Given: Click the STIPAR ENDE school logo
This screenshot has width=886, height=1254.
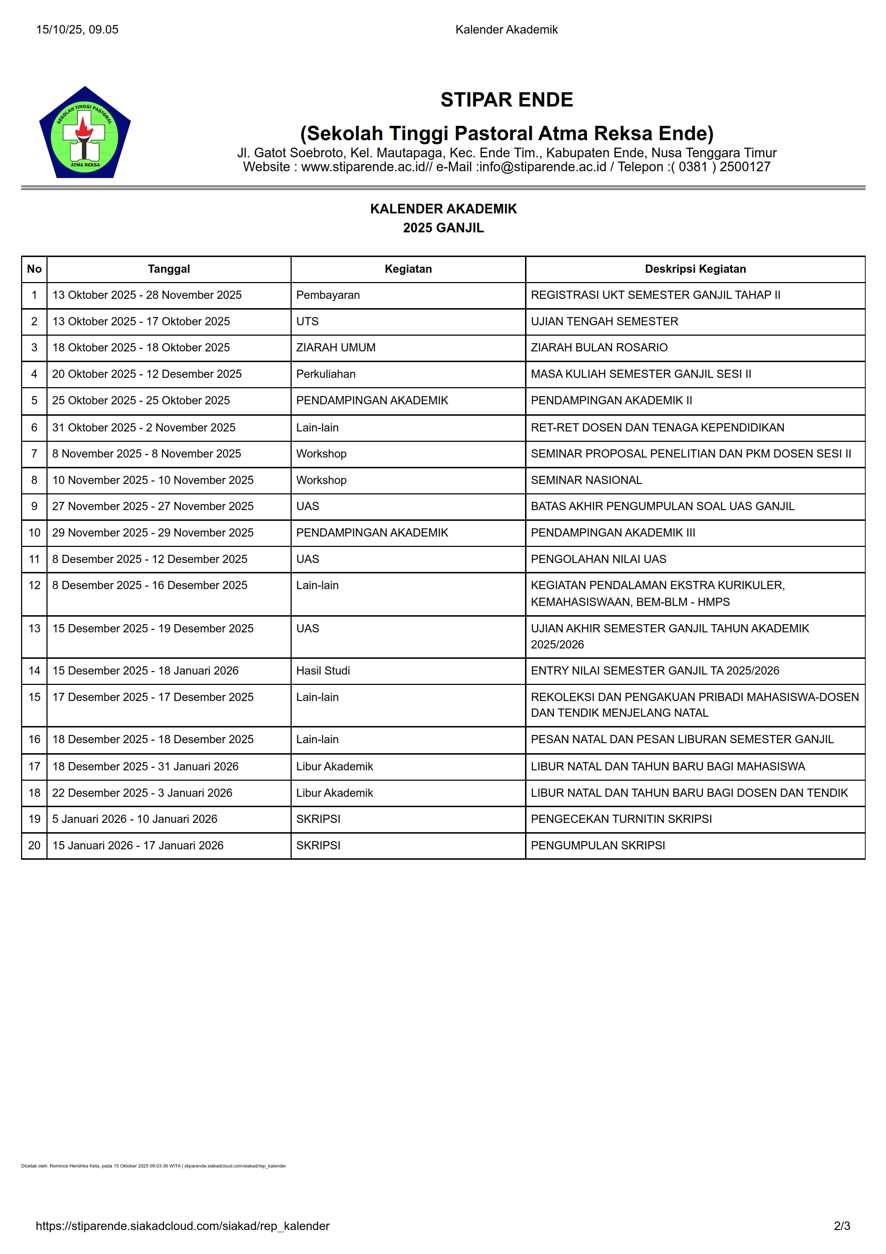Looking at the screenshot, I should tap(85, 133).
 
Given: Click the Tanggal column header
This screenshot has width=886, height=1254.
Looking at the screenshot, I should tap(169, 269).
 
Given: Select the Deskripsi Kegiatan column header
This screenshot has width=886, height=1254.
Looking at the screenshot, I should tap(695, 269).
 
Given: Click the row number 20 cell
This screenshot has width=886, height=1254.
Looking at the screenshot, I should tap(34, 845).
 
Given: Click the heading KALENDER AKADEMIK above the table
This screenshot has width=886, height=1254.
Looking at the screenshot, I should tap(443, 209).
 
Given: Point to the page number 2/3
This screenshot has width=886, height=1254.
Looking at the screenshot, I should tap(842, 1226).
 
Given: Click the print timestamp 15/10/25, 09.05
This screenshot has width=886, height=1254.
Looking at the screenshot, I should tap(77, 30).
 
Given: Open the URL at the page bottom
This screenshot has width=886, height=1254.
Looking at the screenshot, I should tap(182, 1226).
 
